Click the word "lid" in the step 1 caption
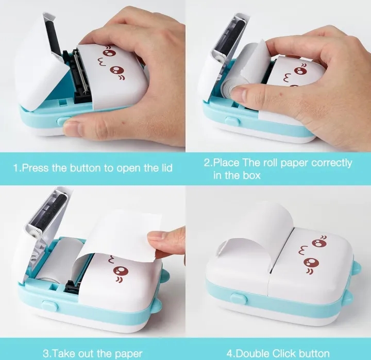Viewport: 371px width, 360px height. click(x=165, y=168)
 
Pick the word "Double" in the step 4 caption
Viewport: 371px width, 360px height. click(x=254, y=353)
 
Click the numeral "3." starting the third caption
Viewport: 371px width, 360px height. click(x=47, y=353)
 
